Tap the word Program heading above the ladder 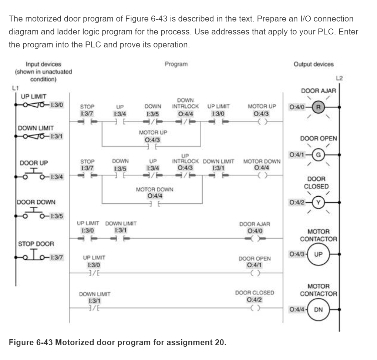coord(176,64)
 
